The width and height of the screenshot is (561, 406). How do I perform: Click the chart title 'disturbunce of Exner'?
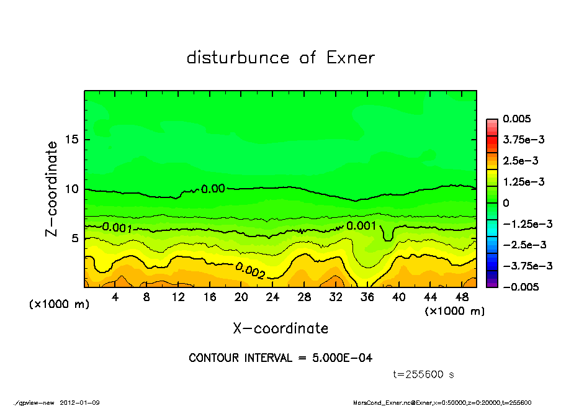coord(280,58)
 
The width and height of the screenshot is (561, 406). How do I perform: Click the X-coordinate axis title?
coord(280,328)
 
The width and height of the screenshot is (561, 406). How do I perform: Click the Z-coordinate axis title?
coord(52,189)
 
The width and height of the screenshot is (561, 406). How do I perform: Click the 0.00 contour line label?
coord(213,189)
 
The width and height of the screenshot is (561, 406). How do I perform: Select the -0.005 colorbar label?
coord(520,287)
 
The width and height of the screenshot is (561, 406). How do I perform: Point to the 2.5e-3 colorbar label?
coord(520,160)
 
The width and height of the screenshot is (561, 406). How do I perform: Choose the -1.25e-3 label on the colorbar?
coord(524,223)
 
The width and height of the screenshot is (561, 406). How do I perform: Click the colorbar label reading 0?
coord(506,202)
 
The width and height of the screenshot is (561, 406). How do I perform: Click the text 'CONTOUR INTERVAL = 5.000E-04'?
coord(280,358)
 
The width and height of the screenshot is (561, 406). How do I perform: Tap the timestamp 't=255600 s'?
coord(424,374)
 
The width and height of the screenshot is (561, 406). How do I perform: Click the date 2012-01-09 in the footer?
coord(79,402)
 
